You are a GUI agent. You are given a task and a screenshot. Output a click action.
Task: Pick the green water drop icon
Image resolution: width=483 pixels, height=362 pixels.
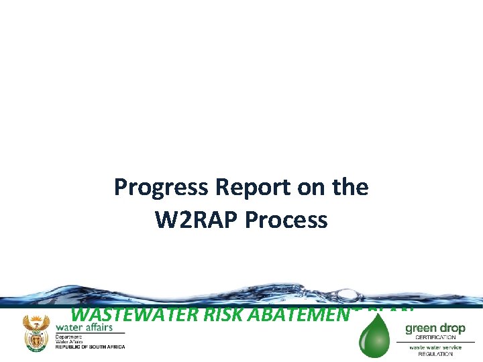pos(374,339)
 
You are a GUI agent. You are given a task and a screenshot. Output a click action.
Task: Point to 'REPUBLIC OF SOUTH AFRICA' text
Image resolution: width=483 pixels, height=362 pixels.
pos(90,347)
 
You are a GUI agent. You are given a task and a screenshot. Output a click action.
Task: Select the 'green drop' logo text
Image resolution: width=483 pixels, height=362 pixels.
pos(435,328)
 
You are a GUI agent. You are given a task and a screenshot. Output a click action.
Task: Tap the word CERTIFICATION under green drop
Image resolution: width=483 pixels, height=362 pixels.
pos(435,337)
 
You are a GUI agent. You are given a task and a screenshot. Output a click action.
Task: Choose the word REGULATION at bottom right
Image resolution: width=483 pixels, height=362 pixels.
pos(435,353)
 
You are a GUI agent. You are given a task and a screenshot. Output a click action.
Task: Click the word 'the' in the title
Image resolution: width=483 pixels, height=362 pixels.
pos(350,188)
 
